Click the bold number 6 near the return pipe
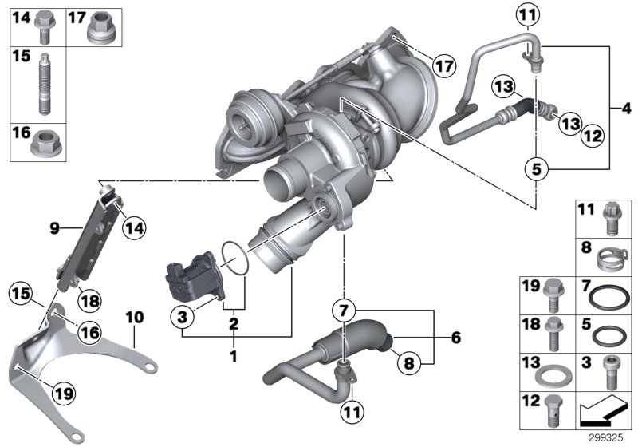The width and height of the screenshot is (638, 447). click(x=455, y=338)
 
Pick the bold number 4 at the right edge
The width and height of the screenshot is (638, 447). click(x=626, y=107)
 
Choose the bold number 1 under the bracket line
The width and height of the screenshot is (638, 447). click(x=234, y=354)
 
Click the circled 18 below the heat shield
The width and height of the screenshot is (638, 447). click(x=90, y=300)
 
